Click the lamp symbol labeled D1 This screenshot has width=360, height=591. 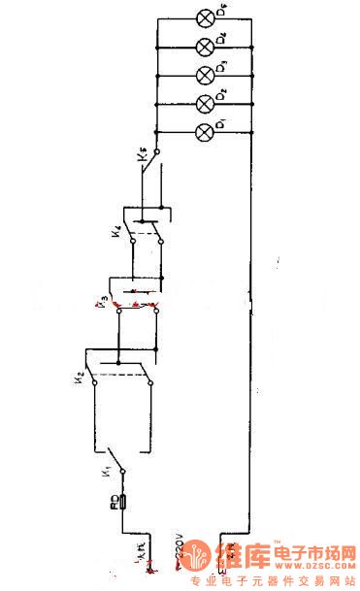[x=205, y=132]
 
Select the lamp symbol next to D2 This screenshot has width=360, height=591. [x=205, y=104]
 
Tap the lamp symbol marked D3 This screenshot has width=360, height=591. [x=205, y=75]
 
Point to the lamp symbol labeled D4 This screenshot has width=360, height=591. [x=205, y=47]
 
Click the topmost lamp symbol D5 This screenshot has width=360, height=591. [x=205, y=17]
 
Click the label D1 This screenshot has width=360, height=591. [x=224, y=125]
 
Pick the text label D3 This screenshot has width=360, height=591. [x=224, y=67]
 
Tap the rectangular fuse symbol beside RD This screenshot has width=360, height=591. [x=123, y=503]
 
